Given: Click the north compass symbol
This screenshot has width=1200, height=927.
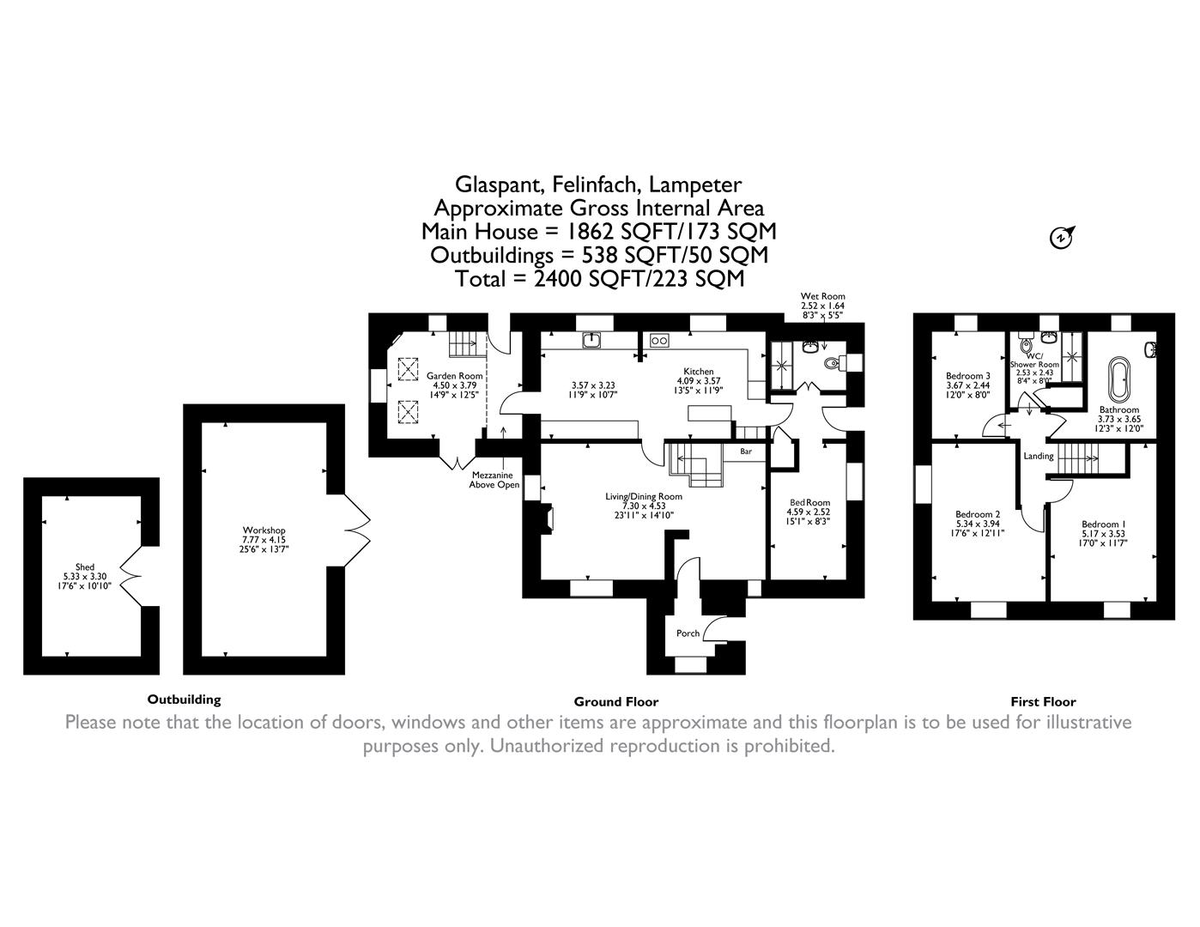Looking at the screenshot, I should (x=1062, y=237).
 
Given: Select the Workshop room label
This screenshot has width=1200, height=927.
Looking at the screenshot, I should (x=264, y=530).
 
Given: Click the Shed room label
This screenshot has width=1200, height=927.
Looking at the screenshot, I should (x=85, y=566).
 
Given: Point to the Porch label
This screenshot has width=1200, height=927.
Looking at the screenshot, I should (x=688, y=633).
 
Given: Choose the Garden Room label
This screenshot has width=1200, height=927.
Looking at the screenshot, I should (x=455, y=375).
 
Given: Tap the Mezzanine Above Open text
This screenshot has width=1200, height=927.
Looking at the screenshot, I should (x=494, y=480).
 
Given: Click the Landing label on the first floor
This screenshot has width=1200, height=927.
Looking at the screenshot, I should (x=1038, y=456).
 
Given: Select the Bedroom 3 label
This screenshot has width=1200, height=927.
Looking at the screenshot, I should (x=968, y=376).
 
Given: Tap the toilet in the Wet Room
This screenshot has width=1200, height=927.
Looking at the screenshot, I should (x=831, y=364).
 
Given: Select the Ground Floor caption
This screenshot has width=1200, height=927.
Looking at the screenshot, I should (x=615, y=701).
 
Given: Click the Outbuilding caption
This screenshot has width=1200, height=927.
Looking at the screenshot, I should (x=184, y=700).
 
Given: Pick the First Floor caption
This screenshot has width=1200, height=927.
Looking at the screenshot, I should (x=1043, y=701).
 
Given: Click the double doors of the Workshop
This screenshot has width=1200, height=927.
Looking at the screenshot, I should (x=357, y=530).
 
